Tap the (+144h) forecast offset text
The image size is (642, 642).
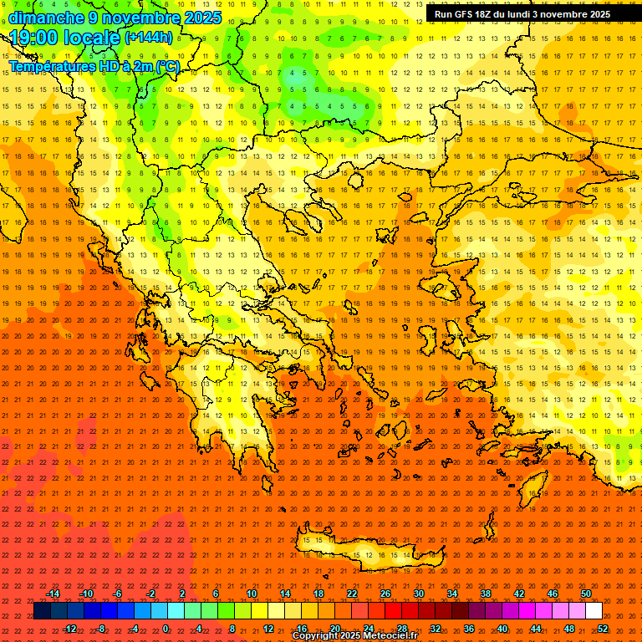[x=149, y=37]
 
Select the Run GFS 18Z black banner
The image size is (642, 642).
[x=522, y=14]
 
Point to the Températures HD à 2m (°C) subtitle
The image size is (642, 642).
[x=94, y=66]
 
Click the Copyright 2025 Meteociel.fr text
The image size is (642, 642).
[x=354, y=636]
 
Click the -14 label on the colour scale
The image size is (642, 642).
[x=53, y=594]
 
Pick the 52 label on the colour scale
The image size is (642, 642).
[x=603, y=629]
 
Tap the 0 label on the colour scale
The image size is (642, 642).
[x=166, y=629]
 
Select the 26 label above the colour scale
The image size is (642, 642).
[x=385, y=594]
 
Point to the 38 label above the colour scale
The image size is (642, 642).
[x=485, y=594]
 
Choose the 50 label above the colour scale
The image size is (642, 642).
[x=585, y=594]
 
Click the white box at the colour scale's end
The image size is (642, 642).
[x=594, y=611]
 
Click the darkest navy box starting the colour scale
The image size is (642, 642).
[x=42, y=611]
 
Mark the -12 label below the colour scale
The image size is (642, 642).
[x=70, y=629]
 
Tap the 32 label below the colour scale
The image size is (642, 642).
[x=435, y=629]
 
